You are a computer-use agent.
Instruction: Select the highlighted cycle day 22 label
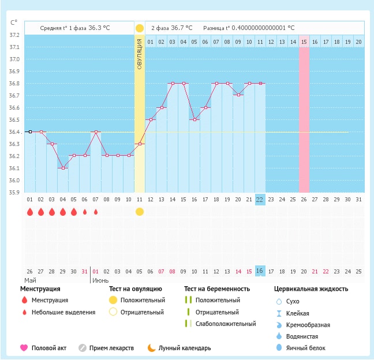(260, 199)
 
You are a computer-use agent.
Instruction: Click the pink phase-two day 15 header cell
(304, 42)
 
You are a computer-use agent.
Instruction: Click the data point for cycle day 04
(62, 168)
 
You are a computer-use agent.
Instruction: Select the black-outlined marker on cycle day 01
(29, 132)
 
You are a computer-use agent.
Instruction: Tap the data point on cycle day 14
(172, 83)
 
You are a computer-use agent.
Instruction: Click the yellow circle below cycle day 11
(139, 212)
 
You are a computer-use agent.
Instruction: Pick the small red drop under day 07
(95, 212)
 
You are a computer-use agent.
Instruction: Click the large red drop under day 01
(29, 212)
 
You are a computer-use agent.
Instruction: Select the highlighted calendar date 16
(260, 271)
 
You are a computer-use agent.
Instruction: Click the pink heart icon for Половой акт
(24, 348)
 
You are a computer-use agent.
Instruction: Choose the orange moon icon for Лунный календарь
(151, 348)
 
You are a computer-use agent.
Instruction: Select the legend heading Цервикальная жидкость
(311, 288)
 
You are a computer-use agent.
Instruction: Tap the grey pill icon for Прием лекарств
(83, 348)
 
